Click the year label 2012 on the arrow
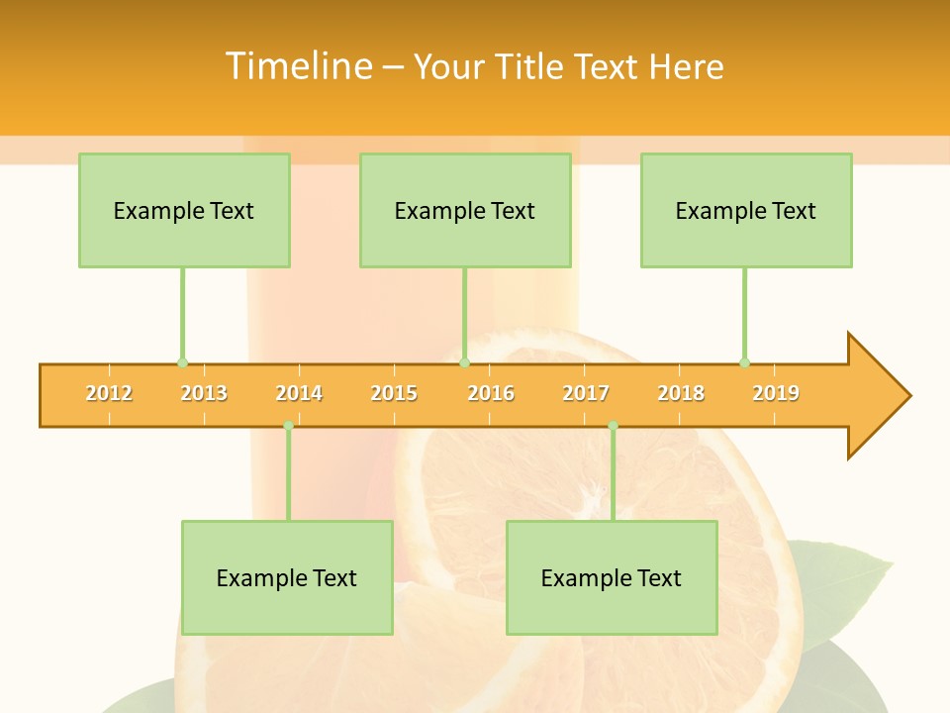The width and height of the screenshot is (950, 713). tap(109, 393)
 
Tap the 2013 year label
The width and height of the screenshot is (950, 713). tap(204, 393)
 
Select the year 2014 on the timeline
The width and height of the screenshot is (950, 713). tap(299, 393)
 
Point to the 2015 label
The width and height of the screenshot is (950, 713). tap(394, 393)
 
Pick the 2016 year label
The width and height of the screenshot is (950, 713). tap(491, 393)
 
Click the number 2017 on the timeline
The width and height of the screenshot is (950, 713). tap(586, 393)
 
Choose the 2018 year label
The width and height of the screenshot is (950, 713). tap(681, 393)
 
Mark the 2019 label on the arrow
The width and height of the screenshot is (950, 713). tap(776, 393)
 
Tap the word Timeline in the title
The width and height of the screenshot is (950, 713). tap(298, 66)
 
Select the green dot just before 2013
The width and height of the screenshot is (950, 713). tap(182, 362)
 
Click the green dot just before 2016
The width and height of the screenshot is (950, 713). tap(464, 362)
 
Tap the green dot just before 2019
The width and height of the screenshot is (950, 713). tap(744, 362)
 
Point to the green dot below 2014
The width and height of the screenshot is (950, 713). tap(288, 426)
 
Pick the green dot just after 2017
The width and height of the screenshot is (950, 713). tap(613, 426)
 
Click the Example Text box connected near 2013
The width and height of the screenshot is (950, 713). tap(184, 210)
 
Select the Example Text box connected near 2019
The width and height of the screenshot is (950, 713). tap(746, 210)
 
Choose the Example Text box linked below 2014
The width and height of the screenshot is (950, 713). tap(287, 577)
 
